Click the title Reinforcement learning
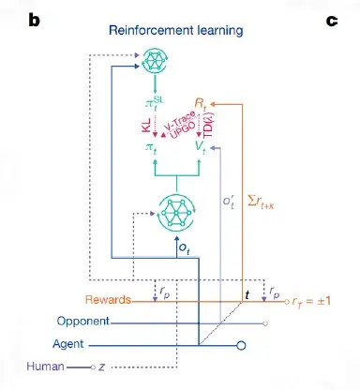click(175, 31)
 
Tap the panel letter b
click(35, 21)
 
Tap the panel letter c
click(332, 22)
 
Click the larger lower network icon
click(176, 213)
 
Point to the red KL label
click(146, 125)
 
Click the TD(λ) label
click(208, 125)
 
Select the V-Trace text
click(179, 120)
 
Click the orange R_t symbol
click(201, 103)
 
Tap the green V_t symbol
click(201, 147)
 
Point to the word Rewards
click(108, 300)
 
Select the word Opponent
click(83, 322)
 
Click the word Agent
click(68, 344)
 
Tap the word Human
click(45, 367)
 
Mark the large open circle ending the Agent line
click(241, 346)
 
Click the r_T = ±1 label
click(311, 301)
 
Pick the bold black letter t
click(247, 294)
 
